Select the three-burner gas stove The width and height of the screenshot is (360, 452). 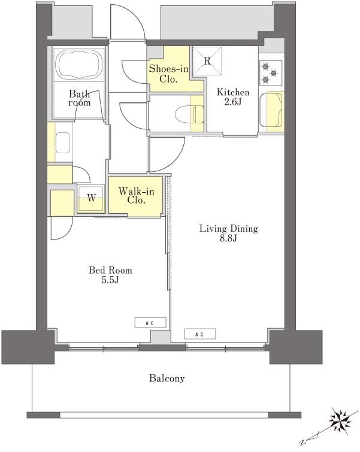click(x=271, y=72)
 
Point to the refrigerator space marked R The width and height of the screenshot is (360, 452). click(x=207, y=61)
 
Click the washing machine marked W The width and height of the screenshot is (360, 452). click(x=91, y=198)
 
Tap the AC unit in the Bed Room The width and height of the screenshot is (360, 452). click(x=150, y=323)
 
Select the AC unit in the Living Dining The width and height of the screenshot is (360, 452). click(x=200, y=334)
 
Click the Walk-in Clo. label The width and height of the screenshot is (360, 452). click(x=136, y=196)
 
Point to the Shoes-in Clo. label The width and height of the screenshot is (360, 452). click(x=168, y=74)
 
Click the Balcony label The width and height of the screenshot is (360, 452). click(x=167, y=378)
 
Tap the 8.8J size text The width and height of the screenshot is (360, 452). click(x=228, y=238)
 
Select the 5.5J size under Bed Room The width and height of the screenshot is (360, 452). click(x=110, y=280)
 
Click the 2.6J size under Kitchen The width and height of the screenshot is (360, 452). click(x=232, y=102)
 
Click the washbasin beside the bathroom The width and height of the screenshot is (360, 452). click(x=63, y=142)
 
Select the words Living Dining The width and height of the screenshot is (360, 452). click(x=229, y=229)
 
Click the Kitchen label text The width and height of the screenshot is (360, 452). click(x=233, y=92)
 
